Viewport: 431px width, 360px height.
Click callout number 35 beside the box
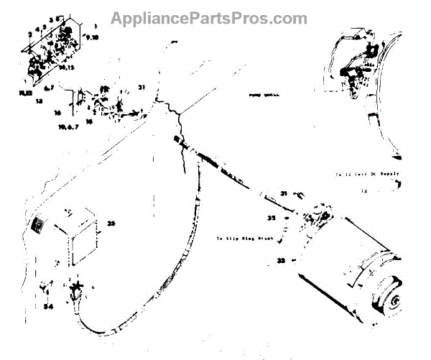coord(111,223)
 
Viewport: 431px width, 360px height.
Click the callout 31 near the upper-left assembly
coord(142,87)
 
